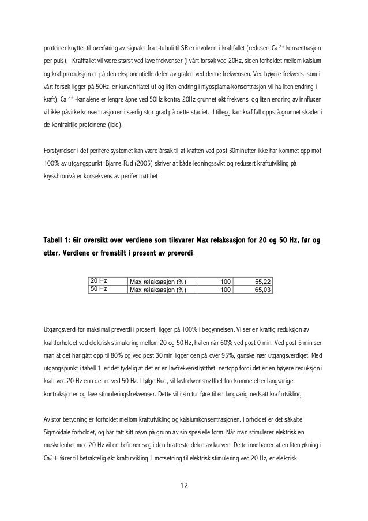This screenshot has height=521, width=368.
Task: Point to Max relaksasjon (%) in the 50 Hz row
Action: [158, 290]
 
